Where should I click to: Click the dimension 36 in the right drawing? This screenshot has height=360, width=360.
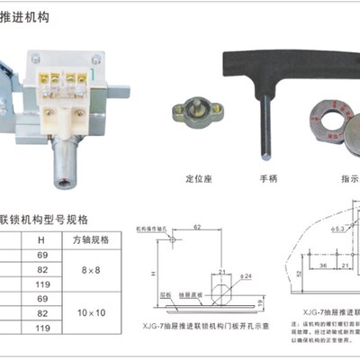(x=324, y=267)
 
